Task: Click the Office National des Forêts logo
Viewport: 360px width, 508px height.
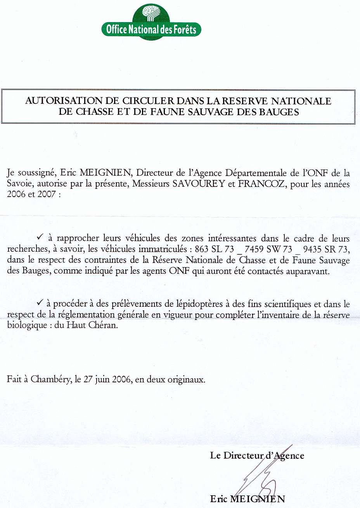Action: click(x=151, y=22)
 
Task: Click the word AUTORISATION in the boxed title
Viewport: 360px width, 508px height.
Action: click(x=64, y=101)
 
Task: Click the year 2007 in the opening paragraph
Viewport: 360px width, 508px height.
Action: click(x=47, y=194)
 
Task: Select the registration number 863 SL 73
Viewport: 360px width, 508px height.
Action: click(x=214, y=249)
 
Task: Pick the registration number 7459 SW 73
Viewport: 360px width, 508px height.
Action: click(x=268, y=249)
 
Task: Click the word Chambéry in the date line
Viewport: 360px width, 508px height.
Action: click(x=51, y=379)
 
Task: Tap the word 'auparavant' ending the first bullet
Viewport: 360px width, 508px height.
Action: click(x=307, y=271)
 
